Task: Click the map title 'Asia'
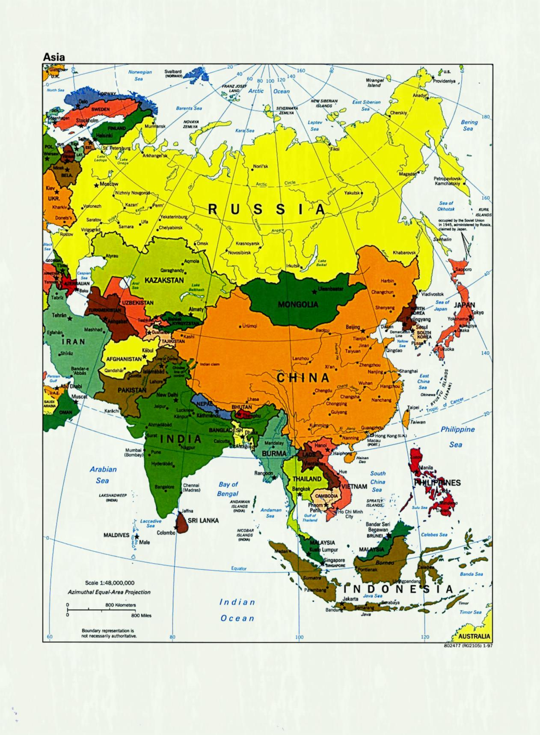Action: click(53, 57)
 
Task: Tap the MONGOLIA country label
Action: click(298, 305)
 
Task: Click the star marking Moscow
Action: click(96, 185)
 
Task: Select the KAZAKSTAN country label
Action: click(164, 280)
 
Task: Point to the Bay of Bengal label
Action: click(228, 489)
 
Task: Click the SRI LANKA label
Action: click(203, 520)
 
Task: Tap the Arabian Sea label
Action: click(103, 475)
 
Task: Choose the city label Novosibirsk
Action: click(239, 253)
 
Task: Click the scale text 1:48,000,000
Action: click(110, 583)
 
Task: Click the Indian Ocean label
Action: click(237, 610)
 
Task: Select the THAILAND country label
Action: click(307, 478)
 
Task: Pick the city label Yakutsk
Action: click(352, 193)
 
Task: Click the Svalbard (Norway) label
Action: click(173, 73)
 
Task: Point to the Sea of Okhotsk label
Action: click(446, 206)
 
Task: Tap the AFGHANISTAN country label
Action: click(124, 359)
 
